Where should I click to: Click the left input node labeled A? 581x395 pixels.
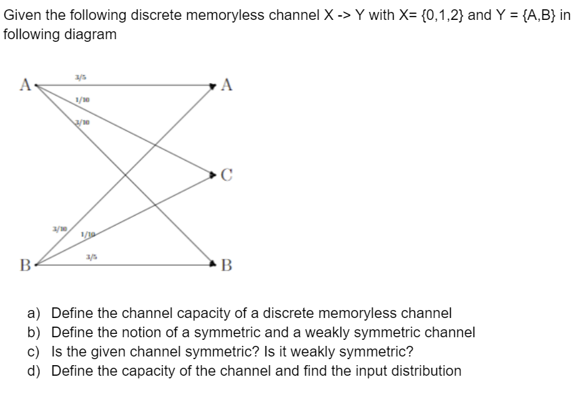pyautogui.click(x=25, y=84)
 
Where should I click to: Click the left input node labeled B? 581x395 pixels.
pyautogui.click(x=24, y=268)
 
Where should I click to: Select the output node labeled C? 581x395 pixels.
pyautogui.click(x=226, y=175)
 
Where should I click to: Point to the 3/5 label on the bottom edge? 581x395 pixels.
pyautogui.click(x=88, y=257)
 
